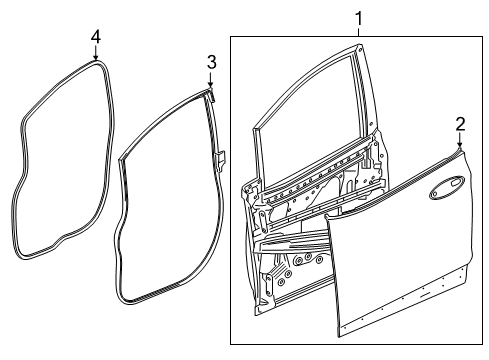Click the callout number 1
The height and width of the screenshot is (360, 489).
pyautogui.click(x=359, y=17)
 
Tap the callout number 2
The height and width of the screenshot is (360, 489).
pyautogui.click(x=461, y=123)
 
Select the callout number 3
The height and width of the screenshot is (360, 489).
pyautogui.click(x=211, y=62)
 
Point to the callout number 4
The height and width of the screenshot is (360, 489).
pyautogui.click(x=95, y=36)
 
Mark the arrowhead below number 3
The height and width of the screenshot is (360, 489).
pyautogui.click(x=211, y=86)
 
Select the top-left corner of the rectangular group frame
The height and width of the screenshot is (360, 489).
pyautogui.click(x=231, y=38)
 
